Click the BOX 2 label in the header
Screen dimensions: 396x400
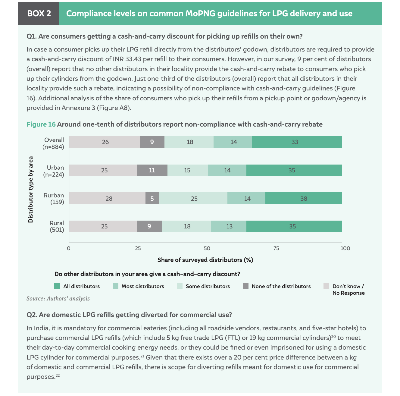click(39, 14)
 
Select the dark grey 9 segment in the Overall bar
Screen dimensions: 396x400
click(152, 142)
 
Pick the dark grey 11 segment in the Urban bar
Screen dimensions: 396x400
click(152, 170)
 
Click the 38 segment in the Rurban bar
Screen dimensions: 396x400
click(303, 198)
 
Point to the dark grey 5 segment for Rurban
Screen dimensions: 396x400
click(152, 198)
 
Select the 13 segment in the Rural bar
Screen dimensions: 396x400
click(229, 226)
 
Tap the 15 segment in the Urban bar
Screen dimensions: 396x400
click(187, 170)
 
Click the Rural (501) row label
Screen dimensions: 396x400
click(57, 226)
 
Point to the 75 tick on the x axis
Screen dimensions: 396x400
click(276, 248)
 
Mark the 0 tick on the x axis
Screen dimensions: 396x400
click(69, 248)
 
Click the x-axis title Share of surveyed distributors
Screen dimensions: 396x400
click(205, 260)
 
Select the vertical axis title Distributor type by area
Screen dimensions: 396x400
click(30, 189)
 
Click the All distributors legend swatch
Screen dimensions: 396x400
click(57, 286)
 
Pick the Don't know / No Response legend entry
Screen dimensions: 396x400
click(348, 289)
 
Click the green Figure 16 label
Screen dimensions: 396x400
click(41, 124)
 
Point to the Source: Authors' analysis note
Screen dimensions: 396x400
click(58, 299)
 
